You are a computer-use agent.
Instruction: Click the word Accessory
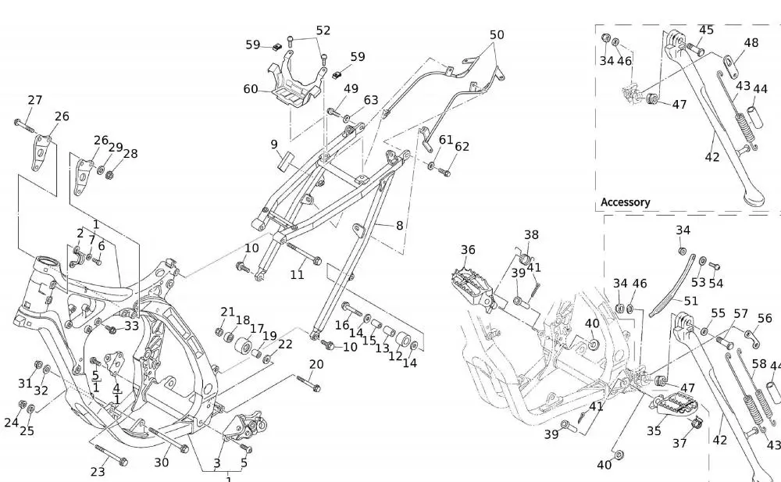pyautogui.click(x=625, y=202)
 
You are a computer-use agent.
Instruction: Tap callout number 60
pyautogui.click(x=251, y=90)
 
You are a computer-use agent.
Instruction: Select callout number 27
pyautogui.click(x=35, y=100)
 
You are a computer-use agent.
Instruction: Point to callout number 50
pyautogui.click(x=497, y=35)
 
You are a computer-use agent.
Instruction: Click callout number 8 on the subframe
pyautogui.click(x=400, y=226)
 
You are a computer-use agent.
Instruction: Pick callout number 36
pyautogui.click(x=468, y=250)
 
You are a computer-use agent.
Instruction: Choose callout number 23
pyautogui.click(x=98, y=471)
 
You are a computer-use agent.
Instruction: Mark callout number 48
pyautogui.click(x=751, y=44)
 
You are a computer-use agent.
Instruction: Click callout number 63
pyautogui.click(x=371, y=100)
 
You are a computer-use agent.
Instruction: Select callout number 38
pyautogui.click(x=531, y=235)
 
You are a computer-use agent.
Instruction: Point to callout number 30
pyautogui.click(x=161, y=462)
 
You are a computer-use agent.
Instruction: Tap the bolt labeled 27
pyautogui.click(x=23, y=124)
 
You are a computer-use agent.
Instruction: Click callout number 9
pyautogui.click(x=274, y=145)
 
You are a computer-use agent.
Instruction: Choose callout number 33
pyautogui.click(x=131, y=326)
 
